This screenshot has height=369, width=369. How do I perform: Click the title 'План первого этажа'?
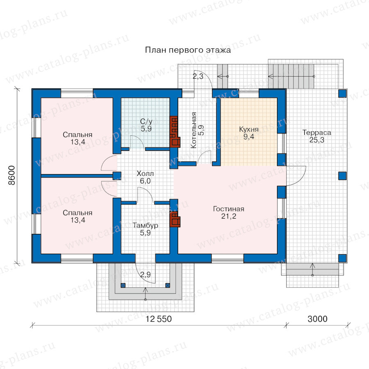pyautogui.click(x=188, y=50)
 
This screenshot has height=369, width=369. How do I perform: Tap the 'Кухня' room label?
pyautogui.click(x=249, y=129)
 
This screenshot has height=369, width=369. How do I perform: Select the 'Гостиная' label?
pyautogui.click(x=228, y=209)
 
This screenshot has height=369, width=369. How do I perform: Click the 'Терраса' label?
pyautogui.click(x=317, y=132)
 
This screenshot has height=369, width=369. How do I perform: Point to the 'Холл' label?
pyautogui.click(x=145, y=174)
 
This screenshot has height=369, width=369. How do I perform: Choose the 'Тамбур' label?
pyautogui.click(x=145, y=225)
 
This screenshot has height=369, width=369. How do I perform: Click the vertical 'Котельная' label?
pyautogui.click(x=194, y=130)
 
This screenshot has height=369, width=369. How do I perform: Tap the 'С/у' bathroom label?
pyautogui.click(x=146, y=121)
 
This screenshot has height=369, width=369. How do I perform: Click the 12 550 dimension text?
pyautogui.click(x=159, y=319)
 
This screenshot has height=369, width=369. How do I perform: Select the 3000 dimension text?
pyautogui.click(x=317, y=319)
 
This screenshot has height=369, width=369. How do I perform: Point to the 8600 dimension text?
pyautogui.click(x=12, y=175)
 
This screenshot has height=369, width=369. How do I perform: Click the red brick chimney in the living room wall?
pyautogui.click(x=175, y=219)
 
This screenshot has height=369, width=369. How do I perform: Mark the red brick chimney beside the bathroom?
pyautogui.click(x=175, y=132)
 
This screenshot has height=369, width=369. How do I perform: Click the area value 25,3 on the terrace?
pyautogui.click(x=317, y=140)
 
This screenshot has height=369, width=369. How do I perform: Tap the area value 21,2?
pyautogui.click(x=228, y=216)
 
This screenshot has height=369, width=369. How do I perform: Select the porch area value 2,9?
pyautogui.click(x=146, y=274)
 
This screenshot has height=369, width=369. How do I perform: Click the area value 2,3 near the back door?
pyautogui.click(x=198, y=76)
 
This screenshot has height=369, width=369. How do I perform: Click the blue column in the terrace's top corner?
pyautogui.click(x=342, y=93)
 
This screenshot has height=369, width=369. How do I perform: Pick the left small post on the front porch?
pyautogui.click(x=123, y=285)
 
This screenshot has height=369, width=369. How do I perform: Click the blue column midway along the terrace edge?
pyautogui.click(x=342, y=176)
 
